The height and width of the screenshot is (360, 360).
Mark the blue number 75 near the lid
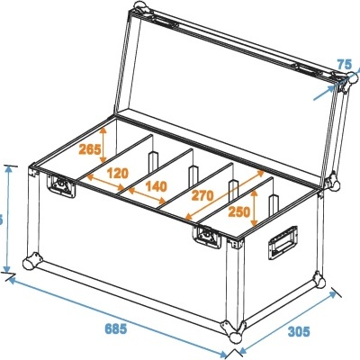[345, 64]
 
